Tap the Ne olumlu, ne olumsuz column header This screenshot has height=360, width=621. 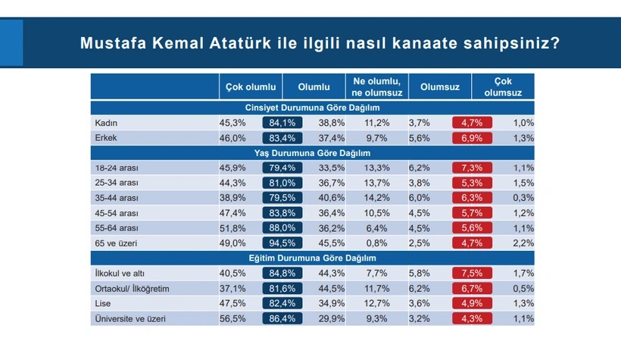tap(376, 86)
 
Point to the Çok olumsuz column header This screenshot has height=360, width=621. tap(503, 86)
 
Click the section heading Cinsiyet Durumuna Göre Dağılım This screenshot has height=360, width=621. tap(312, 108)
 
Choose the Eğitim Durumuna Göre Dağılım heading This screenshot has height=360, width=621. tap(312, 258)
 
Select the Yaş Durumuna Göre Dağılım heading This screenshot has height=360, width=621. tap(312, 152)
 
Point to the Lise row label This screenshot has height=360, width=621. tap(103, 302)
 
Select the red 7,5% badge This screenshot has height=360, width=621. tap(472, 272)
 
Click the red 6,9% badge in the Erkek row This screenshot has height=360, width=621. tap(472, 136)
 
